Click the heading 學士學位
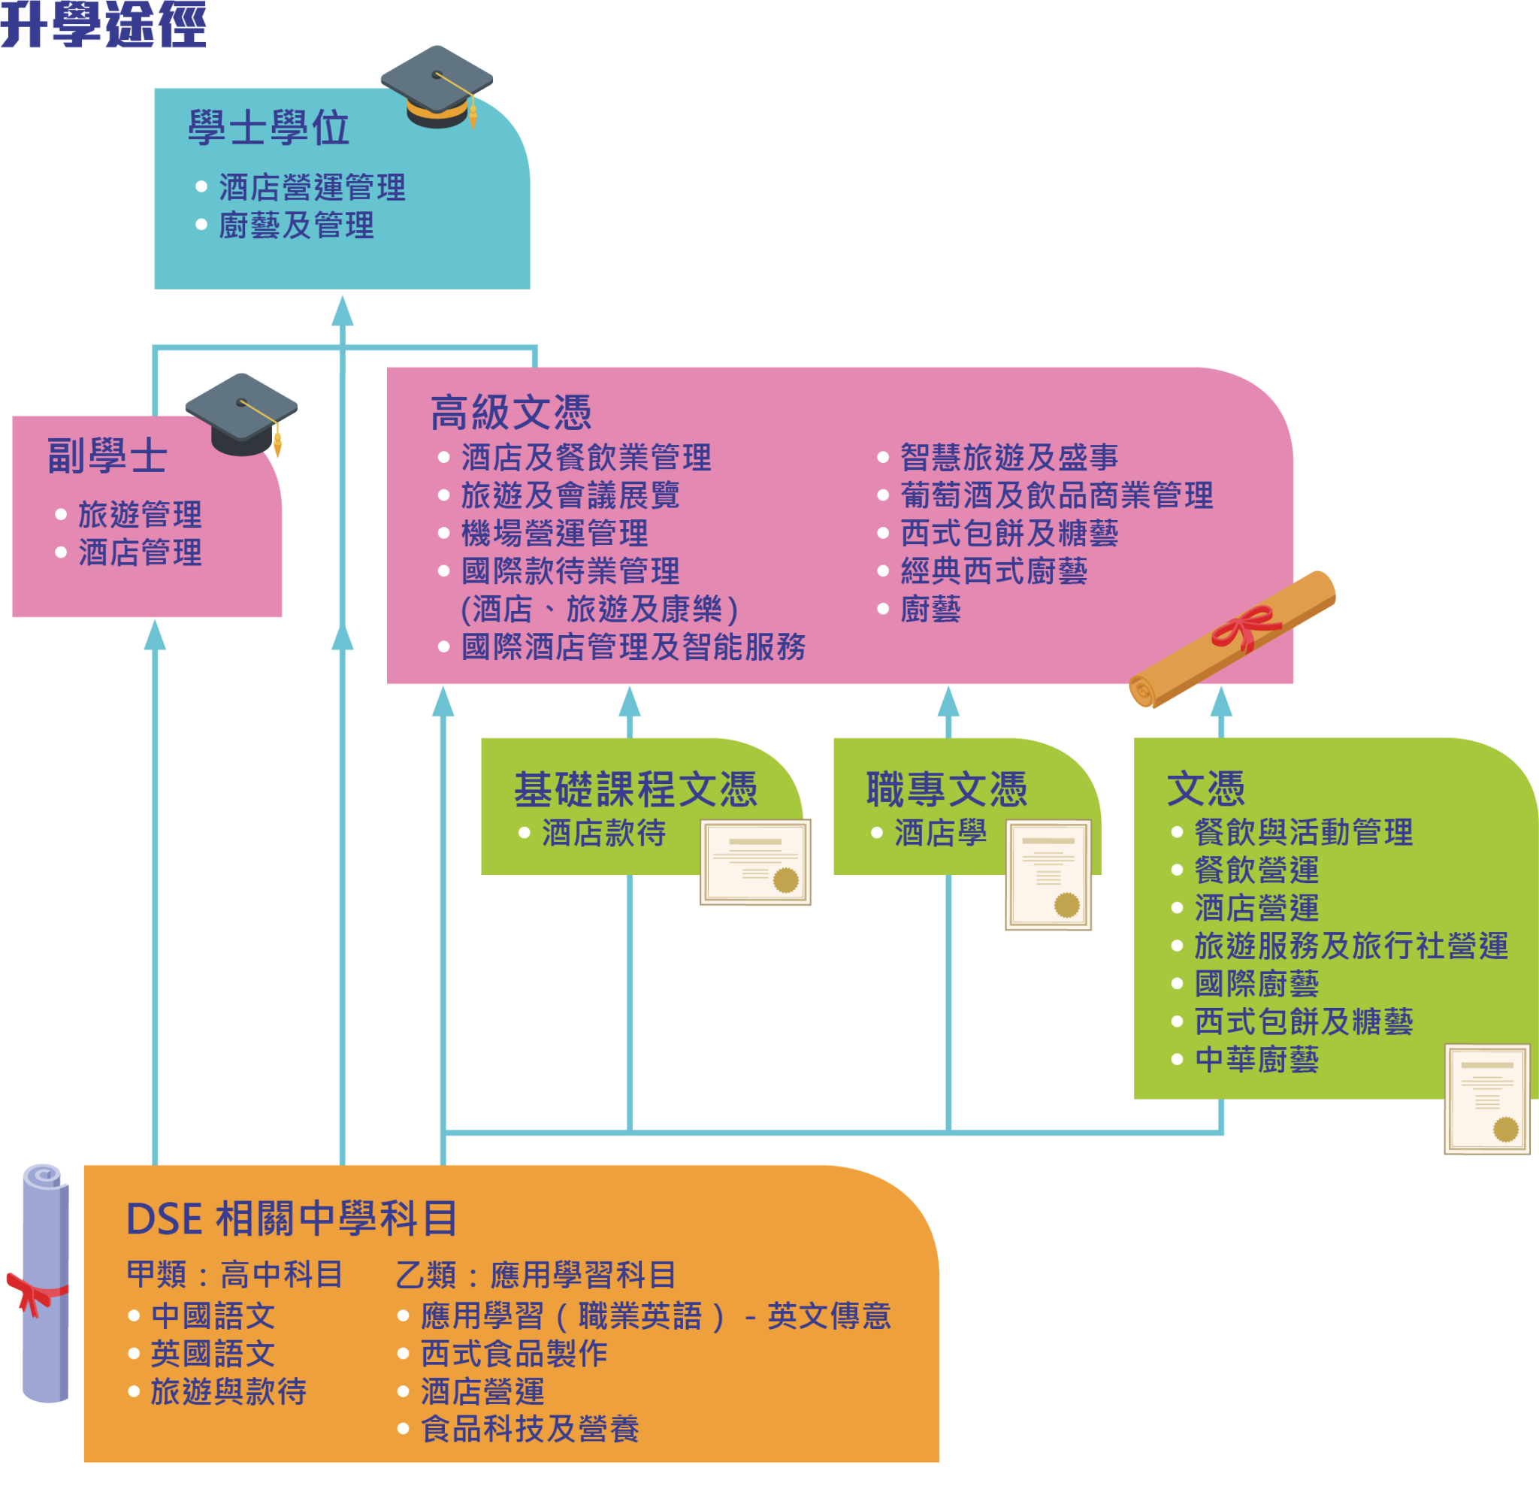(x=268, y=128)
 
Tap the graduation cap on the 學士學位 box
(x=437, y=86)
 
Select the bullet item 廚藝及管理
(x=296, y=226)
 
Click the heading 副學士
(x=107, y=455)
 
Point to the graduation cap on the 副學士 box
(x=241, y=414)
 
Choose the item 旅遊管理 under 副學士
(x=140, y=515)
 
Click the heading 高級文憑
(x=510, y=413)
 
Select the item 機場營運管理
(x=555, y=534)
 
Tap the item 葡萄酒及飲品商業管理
(x=1056, y=495)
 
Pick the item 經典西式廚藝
(x=993, y=571)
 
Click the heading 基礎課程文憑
(x=635, y=789)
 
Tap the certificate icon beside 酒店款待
(x=755, y=861)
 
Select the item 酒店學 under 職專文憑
(x=940, y=834)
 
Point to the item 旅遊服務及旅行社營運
(x=1350, y=946)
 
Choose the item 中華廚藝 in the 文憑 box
(x=1256, y=1061)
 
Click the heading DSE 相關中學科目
(x=292, y=1219)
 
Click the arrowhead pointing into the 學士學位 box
(x=343, y=311)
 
